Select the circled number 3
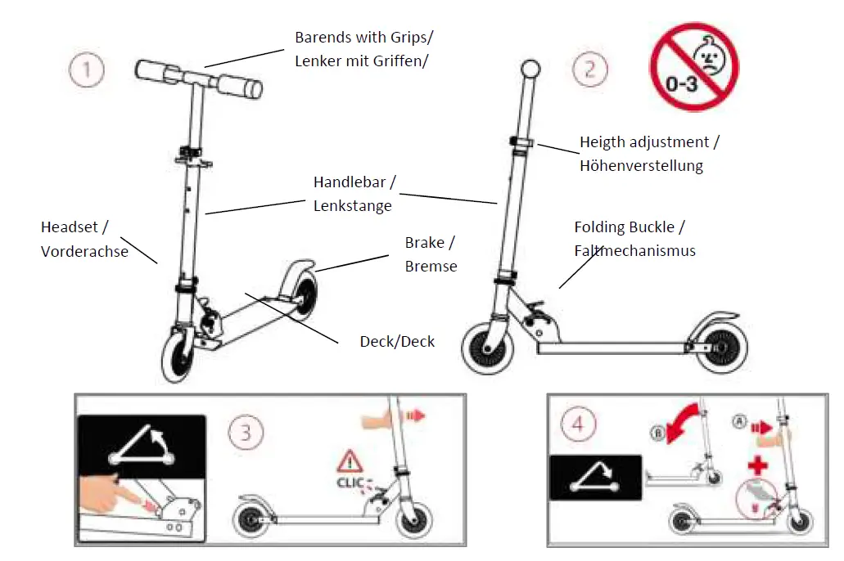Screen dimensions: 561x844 pos(246,430)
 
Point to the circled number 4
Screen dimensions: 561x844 pos(579,425)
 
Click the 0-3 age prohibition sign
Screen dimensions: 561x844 pos(693,67)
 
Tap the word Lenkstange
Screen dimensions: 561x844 pos(352,206)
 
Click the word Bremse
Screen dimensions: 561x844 pos(431,266)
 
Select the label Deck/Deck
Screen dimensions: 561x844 pos(397,341)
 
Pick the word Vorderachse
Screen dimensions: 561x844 pos(84,251)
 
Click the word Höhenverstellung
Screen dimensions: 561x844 pos(641,166)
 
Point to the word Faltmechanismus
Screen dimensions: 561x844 pos(634,250)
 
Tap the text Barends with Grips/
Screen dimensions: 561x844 pos(364,38)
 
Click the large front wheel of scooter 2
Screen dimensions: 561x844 pos(488,348)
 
